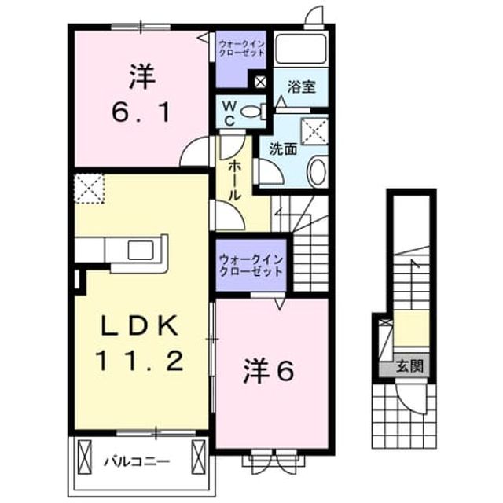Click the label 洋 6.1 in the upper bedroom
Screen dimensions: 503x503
pyautogui.click(x=141, y=94)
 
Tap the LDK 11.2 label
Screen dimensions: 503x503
pyautogui.click(x=140, y=343)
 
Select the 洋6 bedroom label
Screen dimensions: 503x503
pyautogui.click(x=269, y=372)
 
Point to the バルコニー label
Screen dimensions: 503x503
pyautogui.click(x=137, y=462)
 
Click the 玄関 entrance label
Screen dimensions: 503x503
pyautogui.click(x=410, y=365)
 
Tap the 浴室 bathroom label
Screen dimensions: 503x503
pyautogui.click(x=301, y=86)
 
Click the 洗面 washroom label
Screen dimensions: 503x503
pyautogui.click(x=283, y=149)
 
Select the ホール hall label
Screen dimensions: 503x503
pyautogui.click(x=234, y=181)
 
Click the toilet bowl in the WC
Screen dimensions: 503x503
pyautogui.click(x=254, y=112)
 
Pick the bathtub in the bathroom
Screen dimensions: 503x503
pyautogui.click(x=301, y=48)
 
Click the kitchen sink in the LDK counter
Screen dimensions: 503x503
pyautogui.click(x=141, y=250)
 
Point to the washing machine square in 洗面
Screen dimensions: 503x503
pyautogui.click(x=314, y=131)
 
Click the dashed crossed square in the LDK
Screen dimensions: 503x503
pyautogui.click(x=89, y=189)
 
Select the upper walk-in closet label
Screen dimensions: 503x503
pyautogui.click(x=241, y=48)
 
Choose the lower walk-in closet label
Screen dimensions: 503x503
pyautogui.click(x=251, y=265)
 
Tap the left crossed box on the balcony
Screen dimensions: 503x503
pyautogui.click(x=84, y=456)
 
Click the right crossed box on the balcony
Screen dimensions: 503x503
pyautogui.click(x=198, y=456)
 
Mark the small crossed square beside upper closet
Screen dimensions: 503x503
pyautogui.click(x=260, y=82)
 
